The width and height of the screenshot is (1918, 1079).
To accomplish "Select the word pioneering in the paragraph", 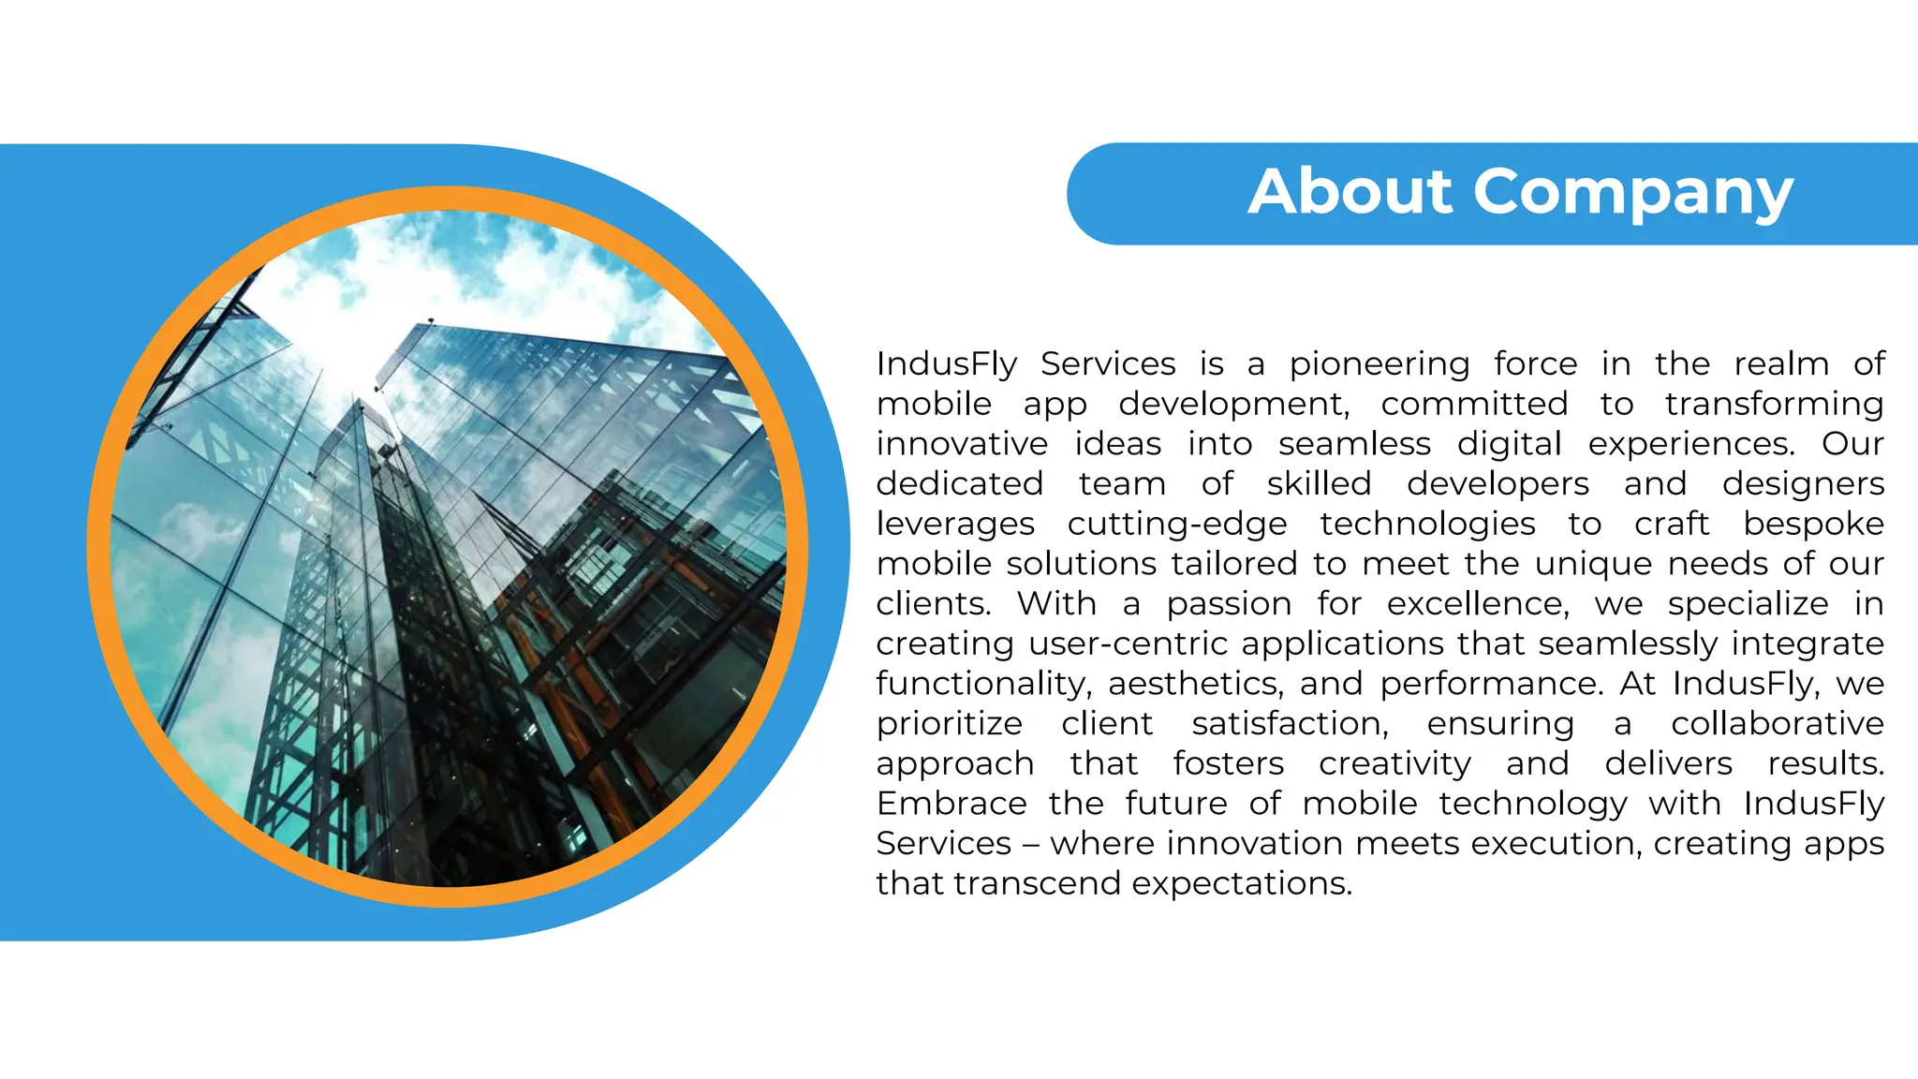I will (1379, 363).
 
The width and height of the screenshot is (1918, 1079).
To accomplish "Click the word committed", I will (1474, 404).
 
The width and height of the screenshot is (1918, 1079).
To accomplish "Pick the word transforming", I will (1774, 404).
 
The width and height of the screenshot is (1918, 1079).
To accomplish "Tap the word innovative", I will (962, 444).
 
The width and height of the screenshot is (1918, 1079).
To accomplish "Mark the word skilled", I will (1319, 484).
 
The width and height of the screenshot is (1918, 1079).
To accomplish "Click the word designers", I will (1803, 484).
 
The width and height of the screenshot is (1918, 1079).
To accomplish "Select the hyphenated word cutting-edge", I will (1177, 525).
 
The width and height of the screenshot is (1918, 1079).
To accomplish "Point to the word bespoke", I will (1813, 525).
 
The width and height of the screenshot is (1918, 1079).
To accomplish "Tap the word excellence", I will (1477, 604).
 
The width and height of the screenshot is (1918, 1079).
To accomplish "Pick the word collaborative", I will (1777, 724).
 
